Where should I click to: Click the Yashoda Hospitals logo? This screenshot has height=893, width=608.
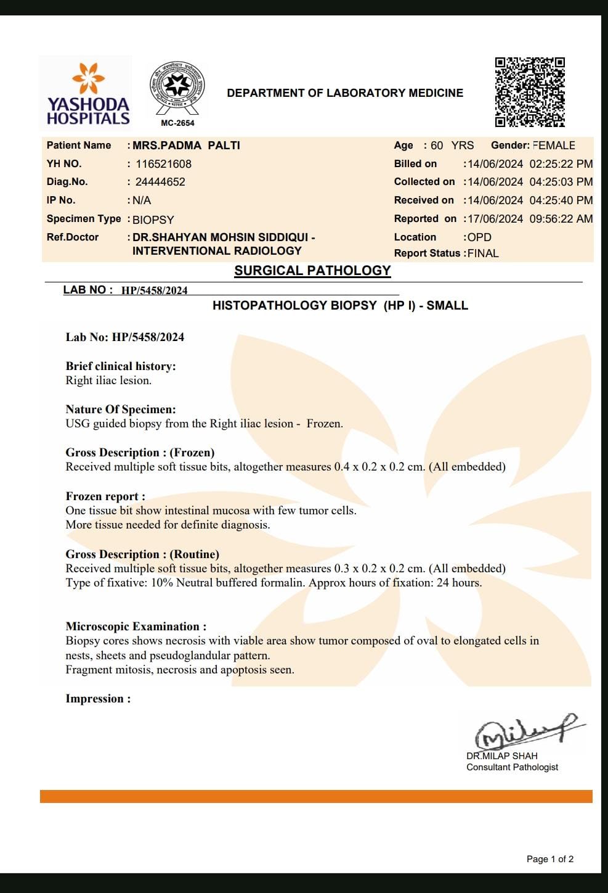pos(87,94)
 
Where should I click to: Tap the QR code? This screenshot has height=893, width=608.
pos(530,92)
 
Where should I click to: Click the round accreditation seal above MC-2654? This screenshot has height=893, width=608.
pos(177,88)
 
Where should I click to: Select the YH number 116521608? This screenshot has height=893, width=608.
pos(163,164)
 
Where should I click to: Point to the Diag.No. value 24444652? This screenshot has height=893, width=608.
pos(160,182)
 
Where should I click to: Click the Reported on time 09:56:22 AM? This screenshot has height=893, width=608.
pos(561,219)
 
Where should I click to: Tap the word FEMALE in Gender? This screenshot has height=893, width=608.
pos(554,146)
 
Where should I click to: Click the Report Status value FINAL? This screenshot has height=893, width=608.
pos(483,253)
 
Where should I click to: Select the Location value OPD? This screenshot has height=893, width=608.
pos(479,237)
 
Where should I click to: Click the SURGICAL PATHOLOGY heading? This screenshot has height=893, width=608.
pos(312,271)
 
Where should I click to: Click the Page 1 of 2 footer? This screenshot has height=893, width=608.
pos(549,859)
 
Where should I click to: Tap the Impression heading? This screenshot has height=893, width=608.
pos(98,699)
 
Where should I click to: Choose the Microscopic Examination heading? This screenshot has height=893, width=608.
pos(136,627)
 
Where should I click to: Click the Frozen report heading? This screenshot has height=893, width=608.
pos(105,496)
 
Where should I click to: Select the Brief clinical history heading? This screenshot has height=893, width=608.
pos(121,366)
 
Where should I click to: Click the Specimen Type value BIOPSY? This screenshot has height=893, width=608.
pos(153,220)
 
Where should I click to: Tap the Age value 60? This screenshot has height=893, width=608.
pos(437,146)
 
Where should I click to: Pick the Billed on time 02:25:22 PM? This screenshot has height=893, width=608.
pos(561,164)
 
